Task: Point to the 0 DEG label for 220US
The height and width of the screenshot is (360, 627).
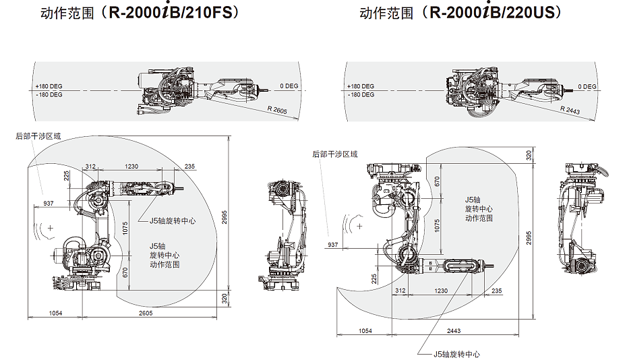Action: pos(587,86)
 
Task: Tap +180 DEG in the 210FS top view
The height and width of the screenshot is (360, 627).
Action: pos(49,86)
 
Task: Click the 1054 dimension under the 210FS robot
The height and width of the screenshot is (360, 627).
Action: pos(57,313)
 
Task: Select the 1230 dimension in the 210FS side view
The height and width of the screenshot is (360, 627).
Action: pos(131,166)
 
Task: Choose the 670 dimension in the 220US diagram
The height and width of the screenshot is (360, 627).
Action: pos(437,181)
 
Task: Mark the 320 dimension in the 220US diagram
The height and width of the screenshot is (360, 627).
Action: pos(529,155)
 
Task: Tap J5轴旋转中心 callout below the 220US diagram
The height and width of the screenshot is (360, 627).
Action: pos(456,354)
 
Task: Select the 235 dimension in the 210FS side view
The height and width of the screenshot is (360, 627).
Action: pos(189,166)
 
